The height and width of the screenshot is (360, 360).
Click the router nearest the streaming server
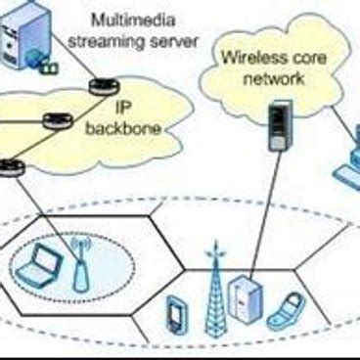pyautogui.click(x=98, y=86)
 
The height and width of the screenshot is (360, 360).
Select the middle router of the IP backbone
pyautogui.click(x=56, y=122)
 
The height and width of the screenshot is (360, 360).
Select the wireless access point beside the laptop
pyautogui.click(x=80, y=267)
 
